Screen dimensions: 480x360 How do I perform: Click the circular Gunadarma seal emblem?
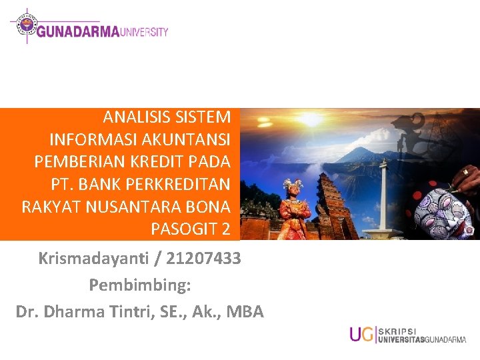(27, 24)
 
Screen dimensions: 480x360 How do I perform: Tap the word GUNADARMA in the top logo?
(78, 32)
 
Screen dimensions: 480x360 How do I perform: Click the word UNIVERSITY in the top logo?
(143, 32)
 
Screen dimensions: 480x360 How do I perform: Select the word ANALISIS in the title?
(137, 117)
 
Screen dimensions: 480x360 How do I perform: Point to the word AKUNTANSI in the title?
(186, 139)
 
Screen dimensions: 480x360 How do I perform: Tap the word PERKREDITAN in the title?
(177, 184)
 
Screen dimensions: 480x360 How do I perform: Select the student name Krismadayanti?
(93, 259)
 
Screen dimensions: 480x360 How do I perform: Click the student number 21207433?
(203, 259)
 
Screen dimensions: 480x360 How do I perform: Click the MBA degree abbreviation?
(245, 311)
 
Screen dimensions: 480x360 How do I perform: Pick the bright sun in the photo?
(310, 119)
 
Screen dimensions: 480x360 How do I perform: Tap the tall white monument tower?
(383, 199)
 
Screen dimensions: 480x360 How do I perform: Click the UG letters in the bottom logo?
(362, 334)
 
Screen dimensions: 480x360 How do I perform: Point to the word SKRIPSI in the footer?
(397, 332)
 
